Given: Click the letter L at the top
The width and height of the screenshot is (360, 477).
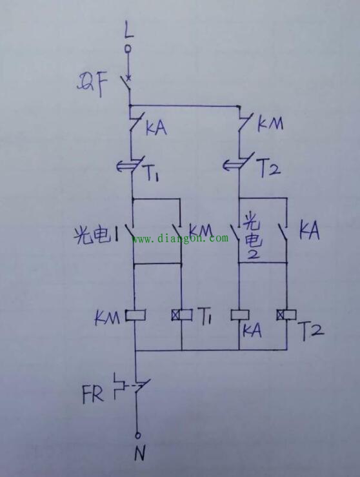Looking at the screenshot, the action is (x=129, y=30).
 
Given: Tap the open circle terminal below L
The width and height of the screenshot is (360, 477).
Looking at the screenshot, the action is (x=128, y=48).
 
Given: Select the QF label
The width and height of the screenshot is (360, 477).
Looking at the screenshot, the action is (x=92, y=86).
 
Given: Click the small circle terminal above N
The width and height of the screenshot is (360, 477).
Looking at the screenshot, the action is (x=137, y=435).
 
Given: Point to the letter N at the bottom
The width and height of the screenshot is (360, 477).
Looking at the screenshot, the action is (x=140, y=453).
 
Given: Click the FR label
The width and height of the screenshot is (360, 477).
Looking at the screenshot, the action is (x=93, y=394).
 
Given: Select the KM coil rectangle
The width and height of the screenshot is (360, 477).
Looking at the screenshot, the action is (x=135, y=315).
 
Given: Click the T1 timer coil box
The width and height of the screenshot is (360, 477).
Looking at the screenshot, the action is (x=181, y=315).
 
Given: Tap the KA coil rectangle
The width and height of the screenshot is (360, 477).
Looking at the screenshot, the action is (x=239, y=315).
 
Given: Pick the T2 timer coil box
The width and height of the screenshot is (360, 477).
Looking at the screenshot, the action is (x=286, y=315).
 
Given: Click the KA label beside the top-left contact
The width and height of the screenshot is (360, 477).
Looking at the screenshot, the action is (x=156, y=128).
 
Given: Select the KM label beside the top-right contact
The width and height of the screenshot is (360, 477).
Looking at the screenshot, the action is (x=270, y=124).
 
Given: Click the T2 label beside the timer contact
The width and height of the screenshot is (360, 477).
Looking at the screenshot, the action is (x=270, y=169).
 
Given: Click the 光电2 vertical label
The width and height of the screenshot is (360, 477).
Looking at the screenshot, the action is (x=252, y=238).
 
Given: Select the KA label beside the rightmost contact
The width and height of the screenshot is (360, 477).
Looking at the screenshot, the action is (x=309, y=231).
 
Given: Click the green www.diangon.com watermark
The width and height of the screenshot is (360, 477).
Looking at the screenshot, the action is (x=180, y=238).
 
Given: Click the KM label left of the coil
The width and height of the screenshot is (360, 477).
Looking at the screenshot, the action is (x=107, y=318).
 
